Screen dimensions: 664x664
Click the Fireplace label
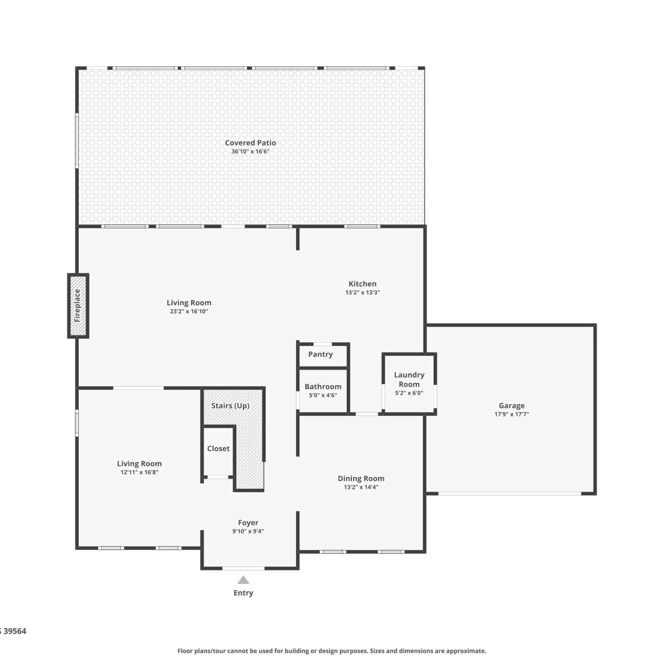tap(77, 305)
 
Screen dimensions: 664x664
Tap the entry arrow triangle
tap(243, 580)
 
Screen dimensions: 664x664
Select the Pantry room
tap(323, 355)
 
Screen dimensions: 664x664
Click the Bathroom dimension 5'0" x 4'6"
tap(323, 395)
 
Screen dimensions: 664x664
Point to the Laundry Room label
tap(409, 379)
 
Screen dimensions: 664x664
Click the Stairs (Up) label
tap(230, 405)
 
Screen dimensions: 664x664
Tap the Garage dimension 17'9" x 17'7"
tap(512, 414)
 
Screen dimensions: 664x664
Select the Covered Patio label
tap(251, 143)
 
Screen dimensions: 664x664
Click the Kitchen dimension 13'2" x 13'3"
tap(363, 293)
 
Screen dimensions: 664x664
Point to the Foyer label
tap(248, 523)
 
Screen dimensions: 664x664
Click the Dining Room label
tap(361, 479)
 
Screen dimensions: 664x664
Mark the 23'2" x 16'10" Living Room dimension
tap(189, 312)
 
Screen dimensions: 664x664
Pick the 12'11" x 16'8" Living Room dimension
tap(139, 472)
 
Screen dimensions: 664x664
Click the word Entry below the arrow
tap(243, 593)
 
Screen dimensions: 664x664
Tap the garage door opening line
tap(510, 493)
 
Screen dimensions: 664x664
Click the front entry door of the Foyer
tap(243, 568)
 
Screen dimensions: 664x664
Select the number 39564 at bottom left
tap(15, 631)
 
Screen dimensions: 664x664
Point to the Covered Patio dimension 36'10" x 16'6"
tap(251, 151)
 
